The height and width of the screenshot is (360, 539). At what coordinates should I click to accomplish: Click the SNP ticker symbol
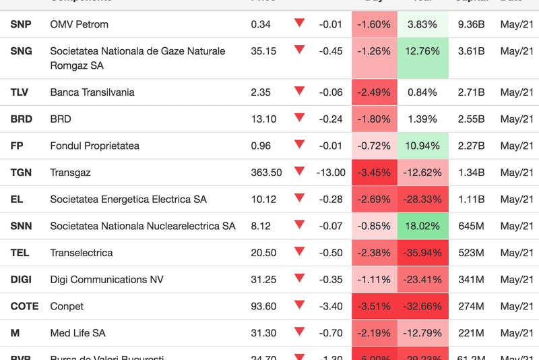tap(21, 24)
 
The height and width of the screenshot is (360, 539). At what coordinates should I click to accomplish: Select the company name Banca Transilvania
tap(92, 92)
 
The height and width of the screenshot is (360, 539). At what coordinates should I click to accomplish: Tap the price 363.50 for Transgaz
tap(266, 173)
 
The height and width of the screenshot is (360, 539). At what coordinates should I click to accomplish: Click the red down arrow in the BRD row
tap(299, 118)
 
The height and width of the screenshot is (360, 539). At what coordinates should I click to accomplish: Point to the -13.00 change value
tap(331, 173)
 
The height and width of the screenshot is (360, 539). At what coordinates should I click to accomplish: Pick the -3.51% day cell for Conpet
tap(374, 306)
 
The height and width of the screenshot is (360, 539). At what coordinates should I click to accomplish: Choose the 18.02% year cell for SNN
tap(423, 226)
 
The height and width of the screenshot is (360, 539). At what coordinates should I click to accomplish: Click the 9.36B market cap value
tap(471, 24)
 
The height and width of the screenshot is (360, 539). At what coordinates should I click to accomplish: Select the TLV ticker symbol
tap(20, 92)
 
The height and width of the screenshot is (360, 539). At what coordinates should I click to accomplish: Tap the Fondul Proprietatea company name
tap(95, 146)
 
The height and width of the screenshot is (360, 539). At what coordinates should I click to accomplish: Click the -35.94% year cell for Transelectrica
tap(423, 253)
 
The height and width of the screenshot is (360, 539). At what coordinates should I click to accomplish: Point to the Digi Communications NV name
tap(106, 279)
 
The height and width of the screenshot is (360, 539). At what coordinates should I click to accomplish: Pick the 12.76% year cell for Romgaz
tap(423, 51)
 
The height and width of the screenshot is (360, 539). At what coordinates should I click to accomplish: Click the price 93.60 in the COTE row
tap(263, 306)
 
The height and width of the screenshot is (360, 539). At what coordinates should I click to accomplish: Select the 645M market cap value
tap(471, 226)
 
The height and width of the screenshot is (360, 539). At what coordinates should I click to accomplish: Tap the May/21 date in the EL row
tap(517, 199)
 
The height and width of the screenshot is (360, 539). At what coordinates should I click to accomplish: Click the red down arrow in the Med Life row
tap(299, 332)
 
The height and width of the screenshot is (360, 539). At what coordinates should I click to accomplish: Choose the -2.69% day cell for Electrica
tap(374, 199)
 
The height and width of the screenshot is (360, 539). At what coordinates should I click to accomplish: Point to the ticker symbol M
tap(15, 333)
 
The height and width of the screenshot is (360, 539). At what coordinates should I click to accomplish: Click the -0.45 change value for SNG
tap(331, 51)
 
